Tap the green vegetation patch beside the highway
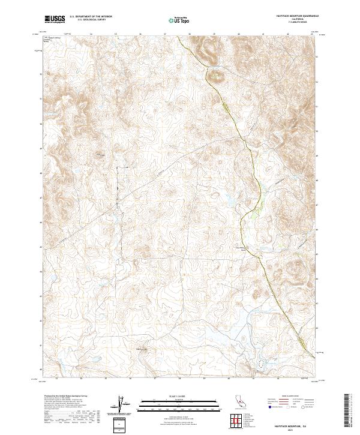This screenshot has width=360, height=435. coord(256,209)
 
